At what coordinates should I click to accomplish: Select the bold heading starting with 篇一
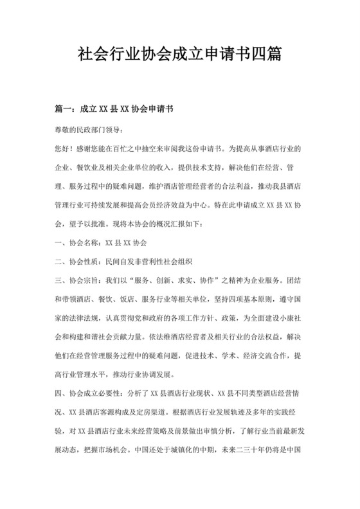(x=106, y=110)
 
